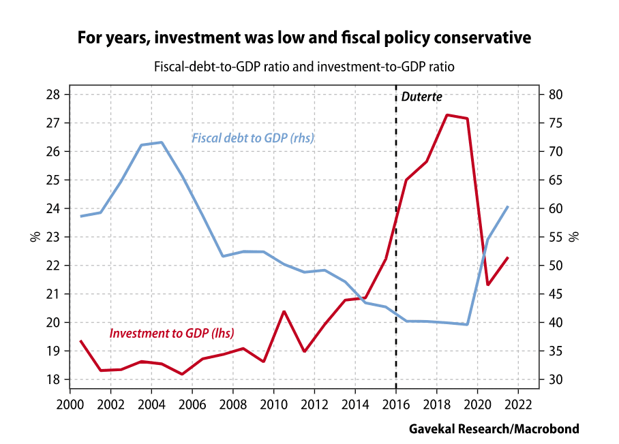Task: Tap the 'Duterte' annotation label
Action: tap(422, 97)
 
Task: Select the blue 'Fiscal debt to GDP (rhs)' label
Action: tap(252, 138)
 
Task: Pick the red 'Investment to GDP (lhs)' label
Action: tap(172, 334)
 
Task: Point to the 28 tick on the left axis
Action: tap(54, 95)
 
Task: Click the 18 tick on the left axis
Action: tap(54, 379)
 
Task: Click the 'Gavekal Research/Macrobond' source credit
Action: tap(494, 429)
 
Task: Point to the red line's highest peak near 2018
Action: tap(447, 115)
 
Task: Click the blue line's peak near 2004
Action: tap(162, 142)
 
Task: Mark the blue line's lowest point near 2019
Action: tap(468, 324)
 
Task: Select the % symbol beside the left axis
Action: tap(33, 237)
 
